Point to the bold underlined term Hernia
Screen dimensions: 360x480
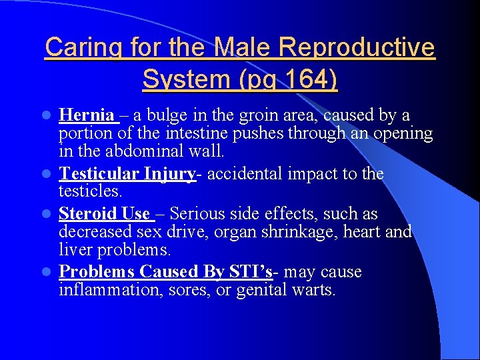coord(87,115)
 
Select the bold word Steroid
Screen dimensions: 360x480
coord(87,214)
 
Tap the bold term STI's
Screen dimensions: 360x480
coord(249,272)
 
